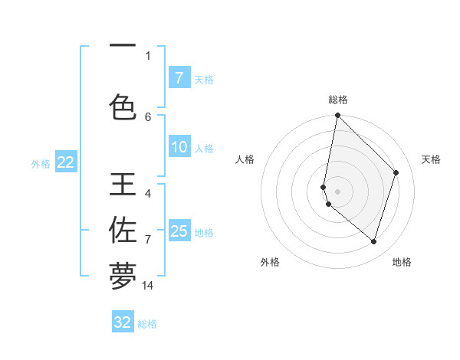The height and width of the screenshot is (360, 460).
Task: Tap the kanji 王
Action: pos(123,185)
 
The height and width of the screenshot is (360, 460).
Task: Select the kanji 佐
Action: pos(123,230)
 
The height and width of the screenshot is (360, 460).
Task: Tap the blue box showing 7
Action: pos(179,77)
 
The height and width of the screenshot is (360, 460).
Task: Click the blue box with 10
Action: pos(179,147)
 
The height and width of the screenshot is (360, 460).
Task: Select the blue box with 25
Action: pos(179,231)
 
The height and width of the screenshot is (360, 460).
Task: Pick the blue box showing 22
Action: pos(65,162)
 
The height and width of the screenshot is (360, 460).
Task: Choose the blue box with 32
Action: pos(123,322)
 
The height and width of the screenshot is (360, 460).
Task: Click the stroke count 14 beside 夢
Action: pos(148,286)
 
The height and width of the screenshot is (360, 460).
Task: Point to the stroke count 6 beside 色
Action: pos(148,116)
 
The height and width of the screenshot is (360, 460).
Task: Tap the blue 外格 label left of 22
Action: pos(41,163)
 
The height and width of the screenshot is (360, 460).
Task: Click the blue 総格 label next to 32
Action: pos(147,324)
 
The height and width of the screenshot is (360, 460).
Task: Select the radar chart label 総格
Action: pos(338,100)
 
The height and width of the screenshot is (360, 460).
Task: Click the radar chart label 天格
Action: pos(431,159)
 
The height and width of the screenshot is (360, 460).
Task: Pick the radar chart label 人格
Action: pos(245,159)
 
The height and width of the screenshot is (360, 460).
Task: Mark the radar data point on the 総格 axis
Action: pos(337,116)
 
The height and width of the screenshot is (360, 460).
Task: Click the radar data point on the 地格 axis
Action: pos(373,241)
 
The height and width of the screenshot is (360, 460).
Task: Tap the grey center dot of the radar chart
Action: pos(337,191)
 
